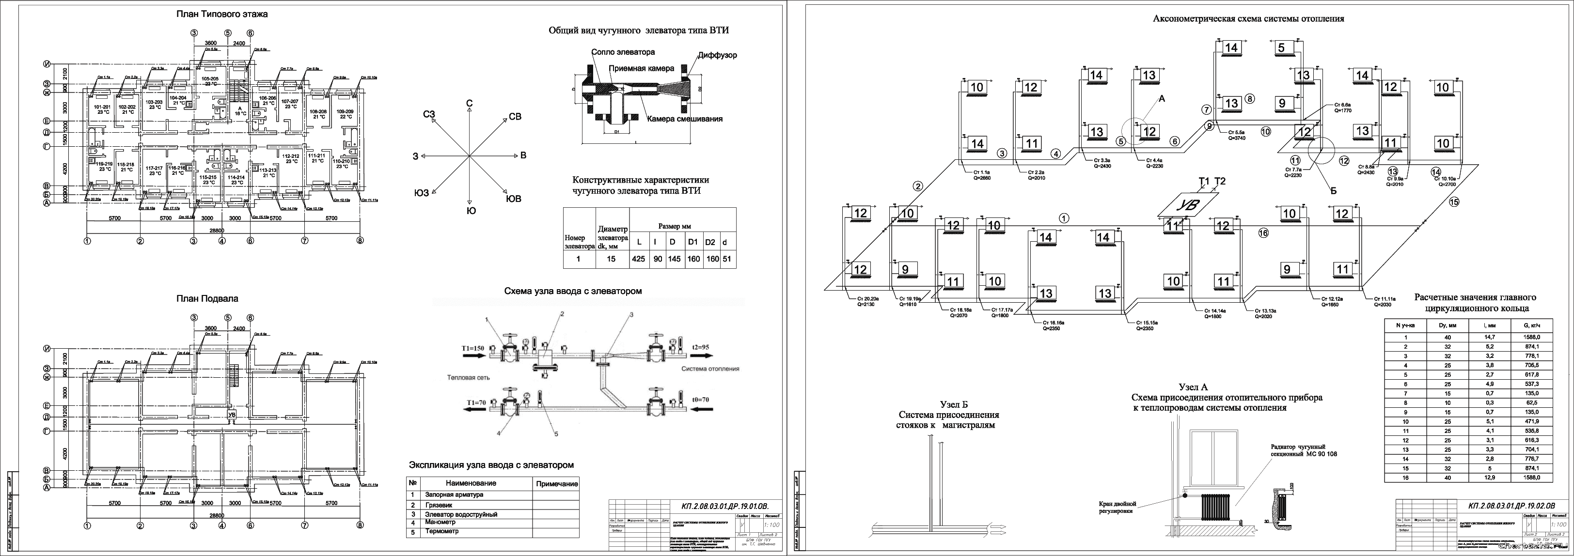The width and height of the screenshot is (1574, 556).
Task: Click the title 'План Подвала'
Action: click(207, 299)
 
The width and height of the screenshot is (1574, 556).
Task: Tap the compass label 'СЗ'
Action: click(429, 114)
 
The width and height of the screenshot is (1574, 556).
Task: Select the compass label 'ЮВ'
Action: click(513, 199)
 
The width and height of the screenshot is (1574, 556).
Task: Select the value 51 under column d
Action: click(726, 259)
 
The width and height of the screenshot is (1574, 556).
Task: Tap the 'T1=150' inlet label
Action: click(473, 348)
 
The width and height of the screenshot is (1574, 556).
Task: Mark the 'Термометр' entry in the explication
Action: click(442, 532)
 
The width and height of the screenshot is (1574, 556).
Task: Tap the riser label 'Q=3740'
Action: click(1231, 138)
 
